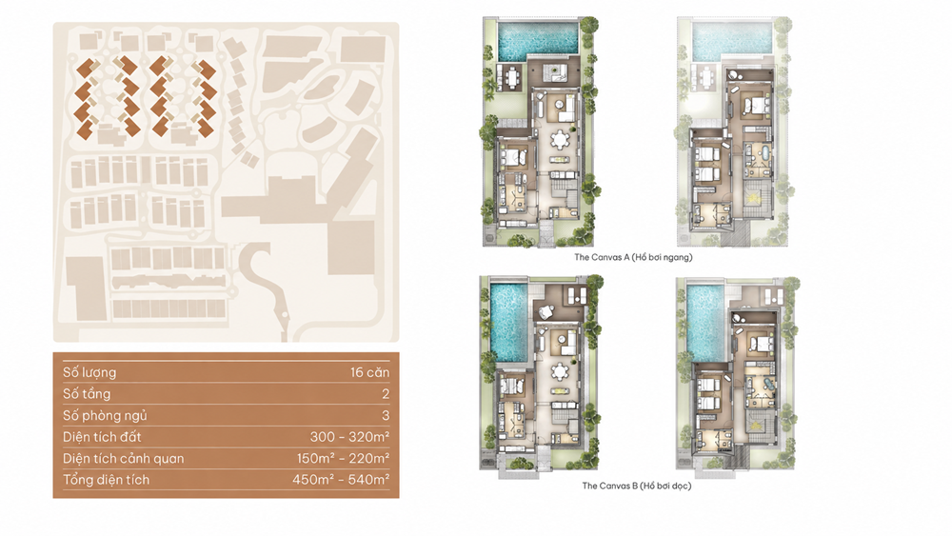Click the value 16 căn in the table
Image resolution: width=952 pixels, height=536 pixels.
(369, 372)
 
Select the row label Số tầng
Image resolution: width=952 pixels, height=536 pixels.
(87, 394)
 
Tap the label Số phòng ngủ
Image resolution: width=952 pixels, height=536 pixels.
(105, 416)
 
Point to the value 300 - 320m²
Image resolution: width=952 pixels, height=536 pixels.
(349, 436)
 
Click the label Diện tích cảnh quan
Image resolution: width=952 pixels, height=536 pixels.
(123, 458)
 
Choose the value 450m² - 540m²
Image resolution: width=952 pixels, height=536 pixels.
(341, 480)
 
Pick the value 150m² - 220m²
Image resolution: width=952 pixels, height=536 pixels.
(343, 458)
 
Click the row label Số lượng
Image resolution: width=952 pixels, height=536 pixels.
(89, 372)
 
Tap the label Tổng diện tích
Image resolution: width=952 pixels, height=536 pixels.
(107, 480)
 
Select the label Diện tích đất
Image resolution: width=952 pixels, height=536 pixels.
(102, 436)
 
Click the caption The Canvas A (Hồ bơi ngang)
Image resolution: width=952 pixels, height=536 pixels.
(633, 257)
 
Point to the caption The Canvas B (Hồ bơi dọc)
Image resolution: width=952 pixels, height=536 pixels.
(636, 486)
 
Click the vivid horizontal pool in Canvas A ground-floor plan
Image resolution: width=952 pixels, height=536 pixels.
(537, 40)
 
